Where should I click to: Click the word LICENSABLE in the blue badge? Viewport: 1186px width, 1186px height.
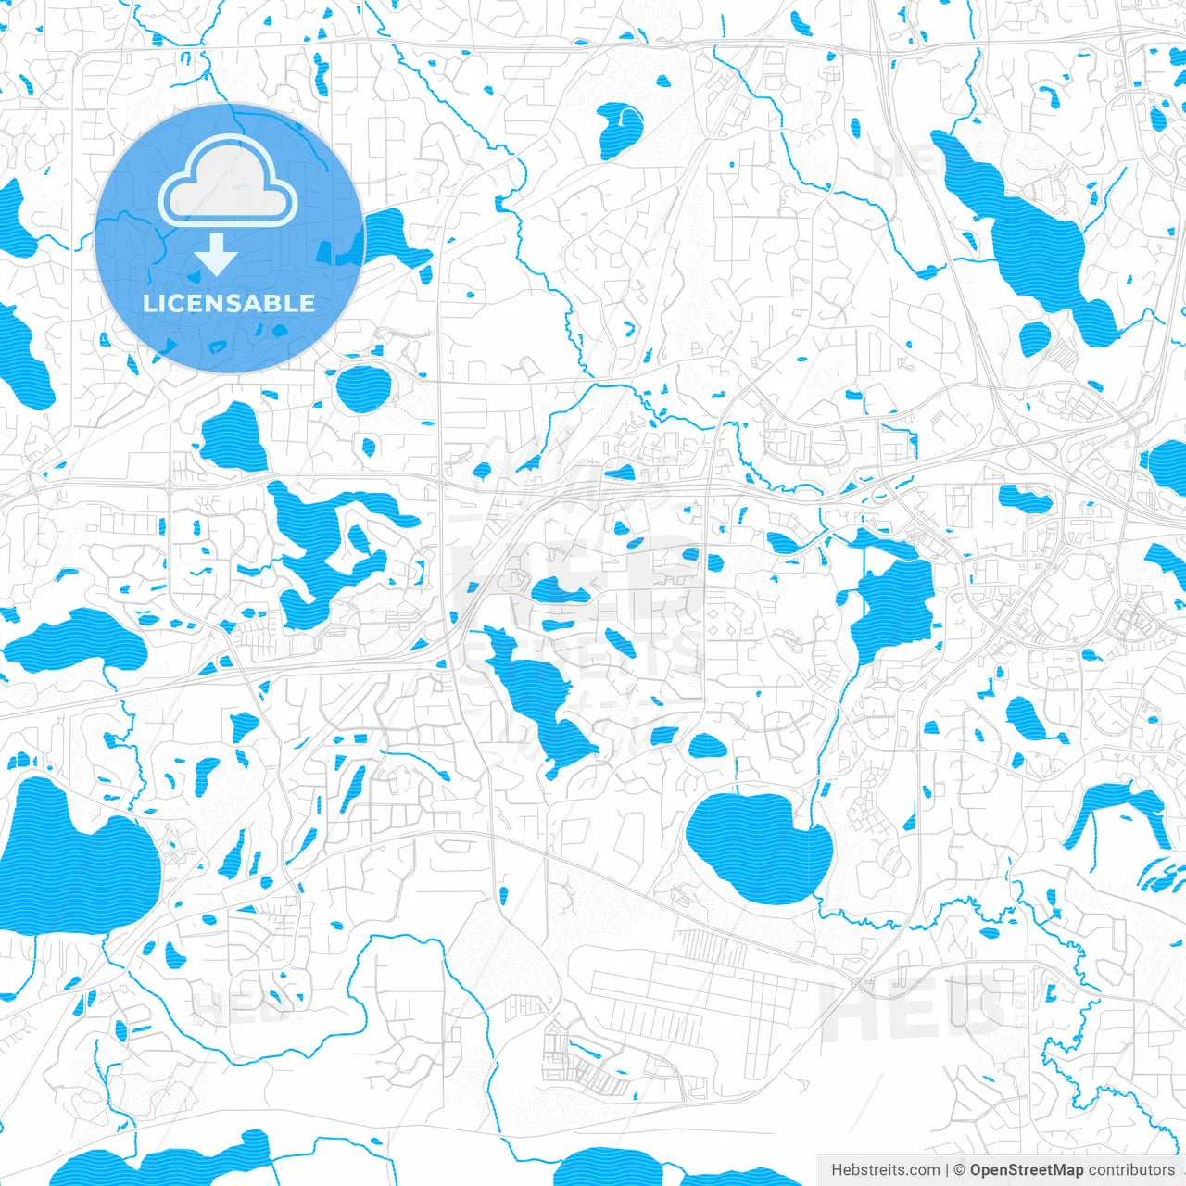[229, 303]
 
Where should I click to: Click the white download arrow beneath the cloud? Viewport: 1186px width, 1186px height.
[216, 253]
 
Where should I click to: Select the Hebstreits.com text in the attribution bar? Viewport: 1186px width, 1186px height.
[885, 1170]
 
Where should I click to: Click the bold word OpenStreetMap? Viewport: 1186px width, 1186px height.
[1027, 1170]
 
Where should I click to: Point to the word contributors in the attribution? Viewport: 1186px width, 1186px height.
[1132, 1170]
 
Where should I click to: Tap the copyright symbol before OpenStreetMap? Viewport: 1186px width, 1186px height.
[960, 1170]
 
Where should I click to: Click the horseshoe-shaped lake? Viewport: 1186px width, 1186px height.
[1112, 806]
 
